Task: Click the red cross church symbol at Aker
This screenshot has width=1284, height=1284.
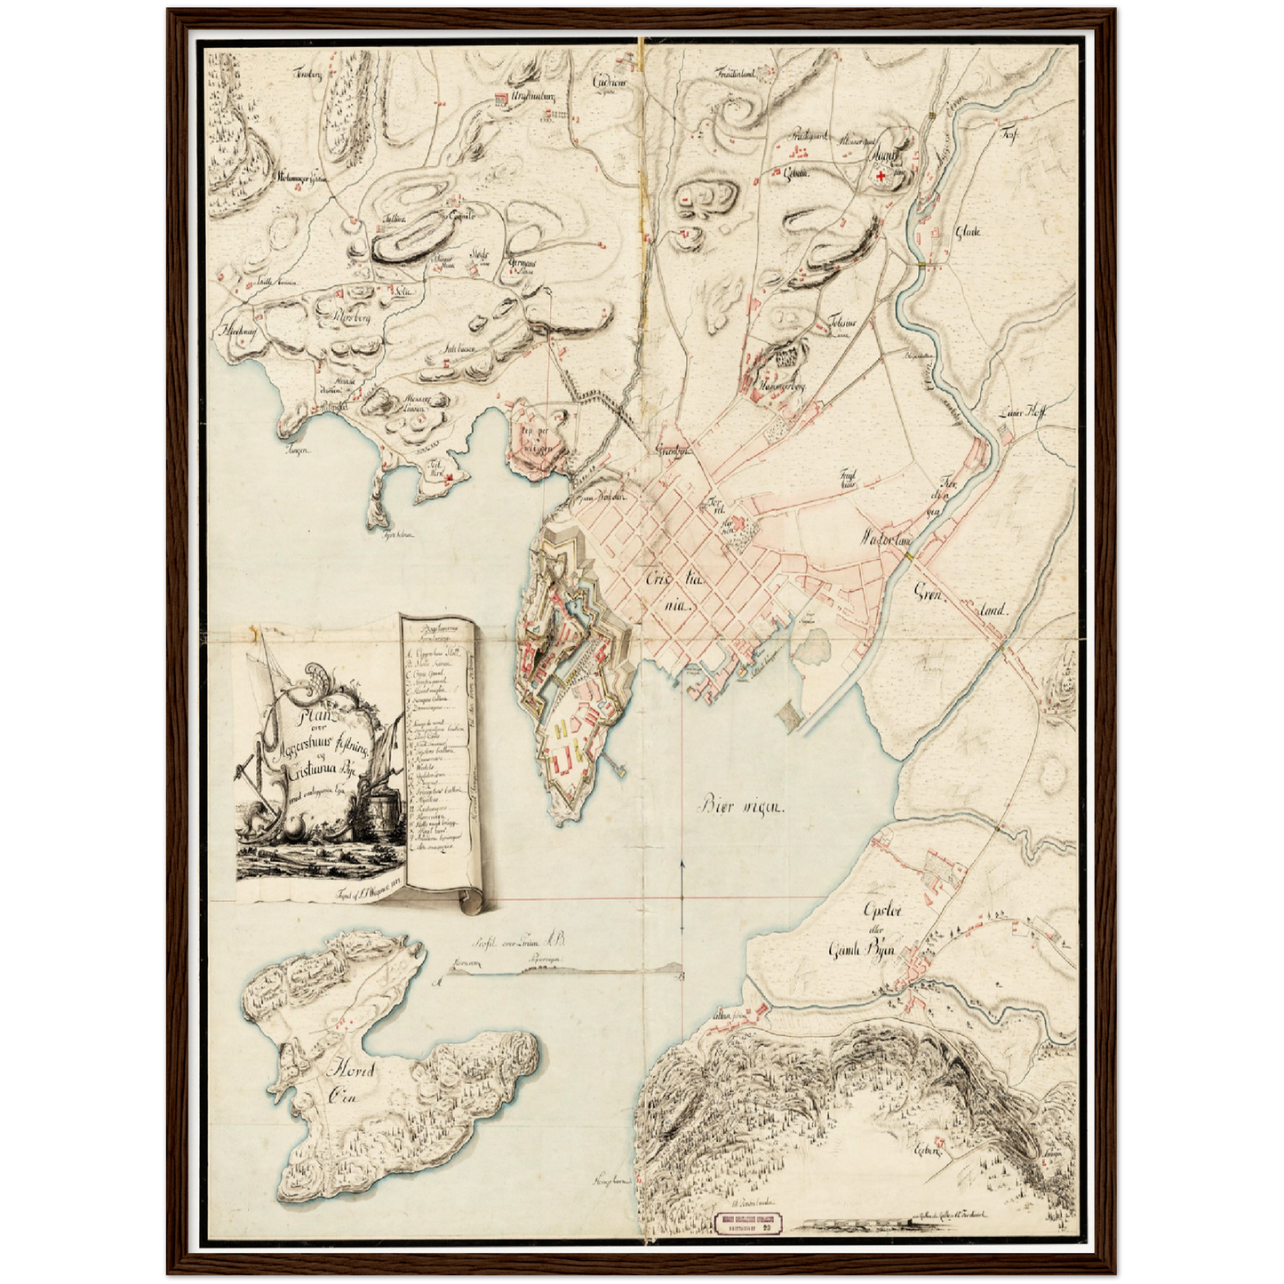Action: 881,178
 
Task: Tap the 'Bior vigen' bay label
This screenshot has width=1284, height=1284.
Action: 743,807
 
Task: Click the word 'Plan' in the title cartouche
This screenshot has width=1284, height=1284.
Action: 314,714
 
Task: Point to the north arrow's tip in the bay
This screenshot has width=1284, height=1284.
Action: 681,862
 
